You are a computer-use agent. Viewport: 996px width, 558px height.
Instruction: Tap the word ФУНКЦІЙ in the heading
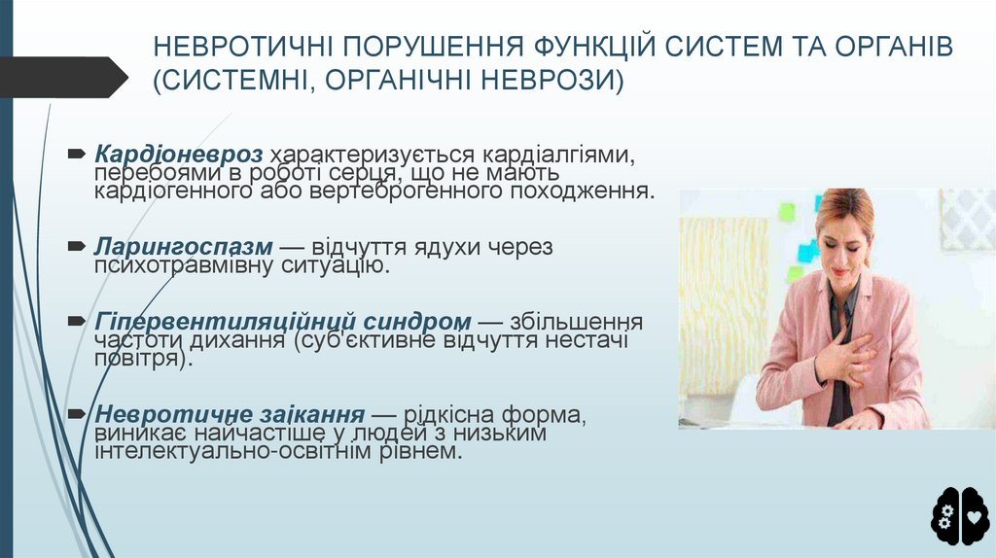pos(557,47)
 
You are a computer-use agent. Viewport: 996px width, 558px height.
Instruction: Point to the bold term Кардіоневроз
pos(179,155)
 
